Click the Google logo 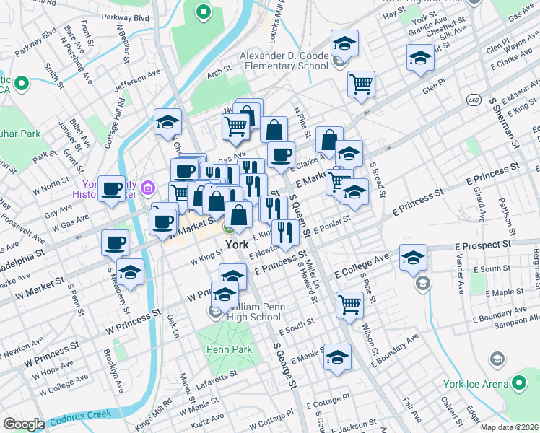(24, 424)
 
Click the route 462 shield (474, 98)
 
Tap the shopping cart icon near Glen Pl (361, 83)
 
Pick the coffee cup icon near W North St (112, 190)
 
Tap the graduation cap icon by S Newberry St (131, 272)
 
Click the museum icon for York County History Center (149, 189)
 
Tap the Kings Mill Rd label (158, 410)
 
